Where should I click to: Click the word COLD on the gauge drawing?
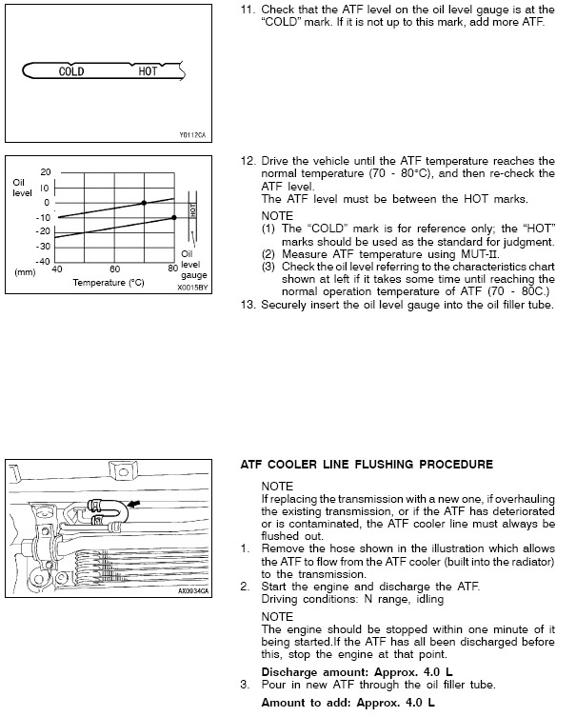(71, 71)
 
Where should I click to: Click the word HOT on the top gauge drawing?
(148, 71)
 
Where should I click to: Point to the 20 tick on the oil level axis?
(45, 171)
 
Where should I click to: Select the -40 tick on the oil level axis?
(42, 261)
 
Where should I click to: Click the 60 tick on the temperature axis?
(114, 269)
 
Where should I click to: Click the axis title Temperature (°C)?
(108, 283)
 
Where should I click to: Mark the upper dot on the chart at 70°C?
(144, 203)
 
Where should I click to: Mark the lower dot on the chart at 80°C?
(173, 217)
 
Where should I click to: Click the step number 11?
(244, 9)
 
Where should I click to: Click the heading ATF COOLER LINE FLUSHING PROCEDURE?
(367, 464)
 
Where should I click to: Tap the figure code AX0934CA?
(192, 590)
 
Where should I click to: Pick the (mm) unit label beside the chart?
(23, 270)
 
